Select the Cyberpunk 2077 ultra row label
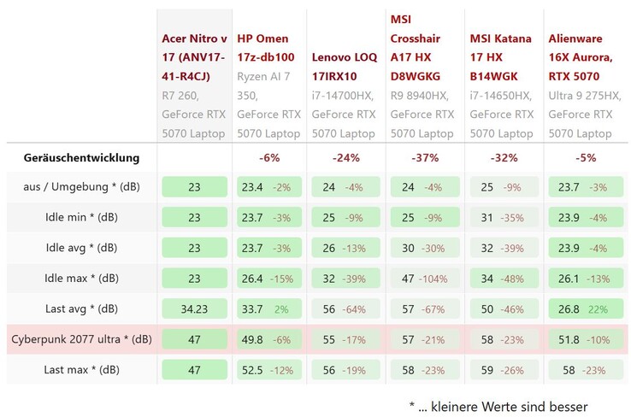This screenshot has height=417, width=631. tap(81, 339)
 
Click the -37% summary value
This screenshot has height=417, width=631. tap(425, 157)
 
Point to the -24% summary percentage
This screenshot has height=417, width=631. tap(345, 157)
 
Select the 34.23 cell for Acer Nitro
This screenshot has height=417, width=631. tap(194, 308)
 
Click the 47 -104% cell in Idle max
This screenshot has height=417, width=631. tap(425, 279)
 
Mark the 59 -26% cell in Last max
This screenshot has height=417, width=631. tap(504, 369)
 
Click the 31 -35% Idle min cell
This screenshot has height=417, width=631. tap(504, 217)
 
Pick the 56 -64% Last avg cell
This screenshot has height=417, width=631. tap(345, 308)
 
